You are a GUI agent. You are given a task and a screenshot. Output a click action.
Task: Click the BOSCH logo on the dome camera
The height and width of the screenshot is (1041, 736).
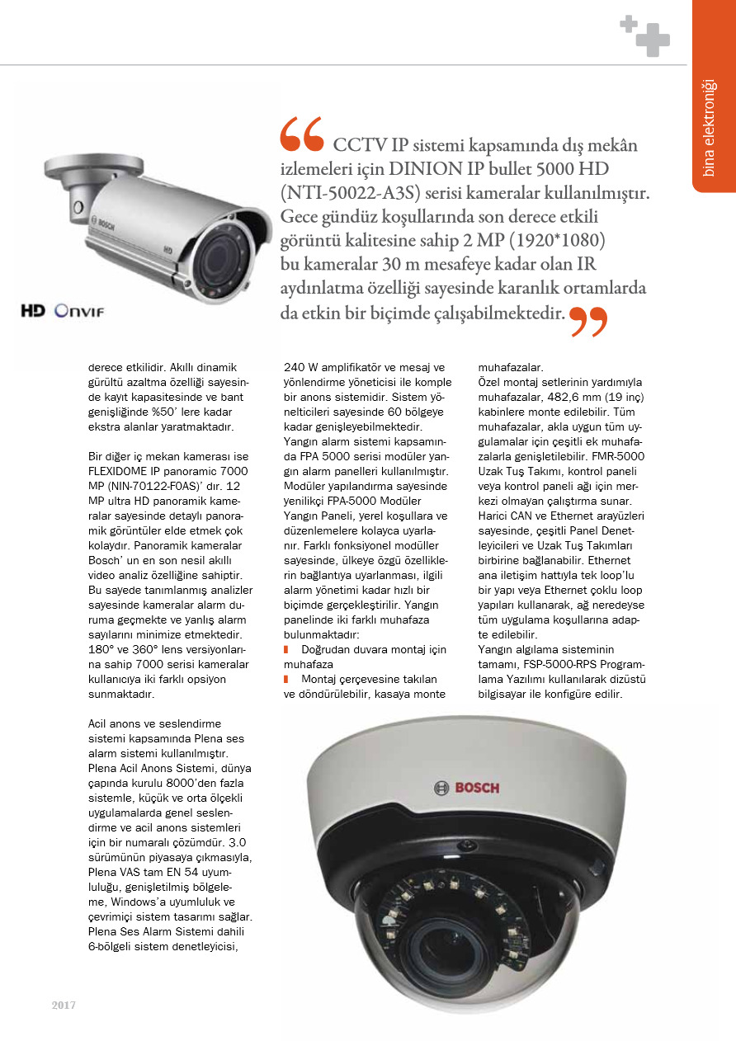pyautogui.click(x=467, y=787)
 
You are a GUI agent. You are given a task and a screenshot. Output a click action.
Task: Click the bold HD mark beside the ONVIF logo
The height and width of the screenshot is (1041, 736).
pyautogui.click(x=34, y=311)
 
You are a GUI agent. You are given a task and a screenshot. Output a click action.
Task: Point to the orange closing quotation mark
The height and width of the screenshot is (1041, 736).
pyautogui.click(x=588, y=322)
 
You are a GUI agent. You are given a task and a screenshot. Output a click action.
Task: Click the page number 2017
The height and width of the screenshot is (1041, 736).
pyautogui.click(x=64, y=1005)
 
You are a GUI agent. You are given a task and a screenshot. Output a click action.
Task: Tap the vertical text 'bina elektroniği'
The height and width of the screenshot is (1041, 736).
pyautogui.click(x=710, y=128)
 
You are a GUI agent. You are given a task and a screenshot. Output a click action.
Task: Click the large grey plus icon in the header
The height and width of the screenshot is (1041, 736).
pyautogui.click(x=653, y=40)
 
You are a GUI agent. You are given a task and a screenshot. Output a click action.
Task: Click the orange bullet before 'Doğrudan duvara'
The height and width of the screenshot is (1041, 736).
pyautogui.click(x=285, y=649)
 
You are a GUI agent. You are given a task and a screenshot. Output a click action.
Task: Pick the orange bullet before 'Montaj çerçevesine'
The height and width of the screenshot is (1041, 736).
pyautogui.click(x=285, y=679)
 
